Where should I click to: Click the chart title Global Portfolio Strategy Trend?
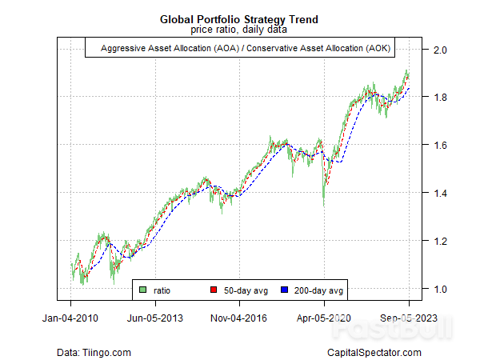pos(240,18)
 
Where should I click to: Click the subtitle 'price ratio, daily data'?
pos(240,30)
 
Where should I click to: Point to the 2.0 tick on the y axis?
pos(438,50)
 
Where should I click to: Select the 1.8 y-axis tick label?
pos(438,98)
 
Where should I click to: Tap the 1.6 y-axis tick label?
pos(438,146)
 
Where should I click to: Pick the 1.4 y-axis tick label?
pos(438,194)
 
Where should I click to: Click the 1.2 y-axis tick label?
pos(438,241)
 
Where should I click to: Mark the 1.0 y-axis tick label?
pos(438,289)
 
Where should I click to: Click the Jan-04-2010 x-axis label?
pos(71,318)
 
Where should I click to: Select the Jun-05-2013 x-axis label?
pos(155,318)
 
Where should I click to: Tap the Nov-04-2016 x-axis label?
pos(240,318)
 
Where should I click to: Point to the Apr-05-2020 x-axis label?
pos(324,318)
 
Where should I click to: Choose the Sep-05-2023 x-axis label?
pos(408,318)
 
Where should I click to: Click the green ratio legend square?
pos(142,290)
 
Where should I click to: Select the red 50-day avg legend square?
pos(214,290)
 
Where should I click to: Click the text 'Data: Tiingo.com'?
pos(94,352)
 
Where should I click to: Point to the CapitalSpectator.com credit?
pos(374,352)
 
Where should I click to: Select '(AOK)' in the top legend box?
pos(378,50)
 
